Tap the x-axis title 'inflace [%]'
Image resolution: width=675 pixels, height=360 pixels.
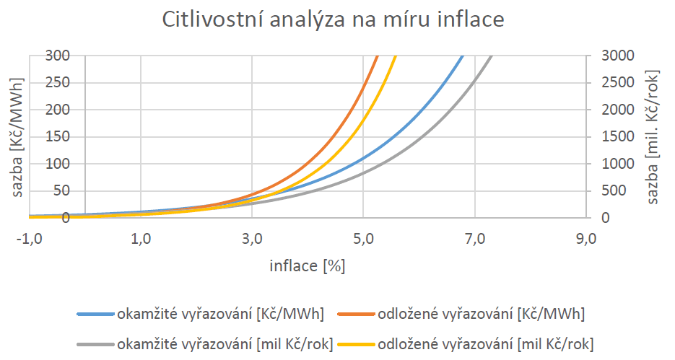coord(308,265)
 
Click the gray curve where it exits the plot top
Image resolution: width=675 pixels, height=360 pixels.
coord(491,57)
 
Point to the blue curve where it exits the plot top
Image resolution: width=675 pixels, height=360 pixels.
coord(462,57)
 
